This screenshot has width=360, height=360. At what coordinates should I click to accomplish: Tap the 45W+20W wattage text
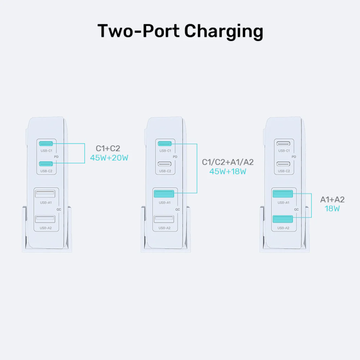(x=109, y=158)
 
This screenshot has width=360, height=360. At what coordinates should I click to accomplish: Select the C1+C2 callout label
(x=108, y=148)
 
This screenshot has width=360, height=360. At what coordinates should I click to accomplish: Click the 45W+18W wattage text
(x=227, y=171)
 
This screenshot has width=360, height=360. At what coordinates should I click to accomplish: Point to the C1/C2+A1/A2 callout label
(x=227, y=162)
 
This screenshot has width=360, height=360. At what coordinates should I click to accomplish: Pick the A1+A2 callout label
(x=332, y=199)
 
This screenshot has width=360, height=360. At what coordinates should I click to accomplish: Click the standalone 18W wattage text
(x=332, y=209)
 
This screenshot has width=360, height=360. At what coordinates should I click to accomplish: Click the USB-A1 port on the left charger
(x=45, y=194)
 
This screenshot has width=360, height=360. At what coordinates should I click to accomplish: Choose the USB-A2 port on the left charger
(x=45, y=219)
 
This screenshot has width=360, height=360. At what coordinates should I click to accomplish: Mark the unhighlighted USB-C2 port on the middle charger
(x=164, y=163)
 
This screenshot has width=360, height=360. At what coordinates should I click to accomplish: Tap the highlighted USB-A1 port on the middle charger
(x=164, y=194)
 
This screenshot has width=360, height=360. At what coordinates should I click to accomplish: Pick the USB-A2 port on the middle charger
(x=164, y=219)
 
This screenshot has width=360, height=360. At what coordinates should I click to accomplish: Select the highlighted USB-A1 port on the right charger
(x=283, y=194)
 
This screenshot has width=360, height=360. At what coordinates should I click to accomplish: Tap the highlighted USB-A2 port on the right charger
(x=283, y=219)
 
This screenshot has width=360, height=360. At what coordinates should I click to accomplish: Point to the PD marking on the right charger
(x=294, y=157)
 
